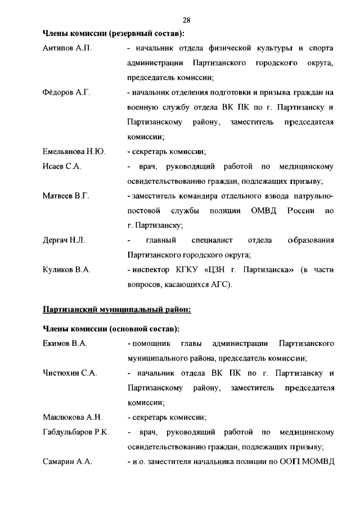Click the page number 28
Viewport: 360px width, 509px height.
[187, 20]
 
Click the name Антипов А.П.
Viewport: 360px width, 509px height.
[67, 48]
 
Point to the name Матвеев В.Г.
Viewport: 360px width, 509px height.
[66, 196]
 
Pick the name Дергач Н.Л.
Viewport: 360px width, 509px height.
[64, 240]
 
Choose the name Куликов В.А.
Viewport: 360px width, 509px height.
[66, 269]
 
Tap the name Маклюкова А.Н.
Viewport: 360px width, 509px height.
[72, 417]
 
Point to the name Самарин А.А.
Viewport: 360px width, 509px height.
[67, 462]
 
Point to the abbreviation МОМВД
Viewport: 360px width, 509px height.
[318, 462]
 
